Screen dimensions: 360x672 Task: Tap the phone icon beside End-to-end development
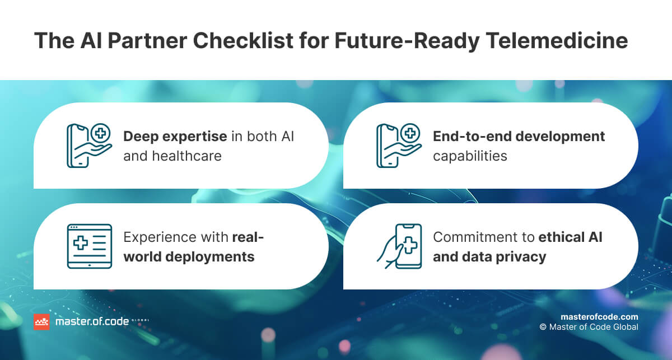397,145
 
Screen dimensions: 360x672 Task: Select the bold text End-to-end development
519,136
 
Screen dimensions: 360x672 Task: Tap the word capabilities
470,155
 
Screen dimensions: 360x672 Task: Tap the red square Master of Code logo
41,321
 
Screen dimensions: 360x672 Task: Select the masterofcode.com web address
599,316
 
